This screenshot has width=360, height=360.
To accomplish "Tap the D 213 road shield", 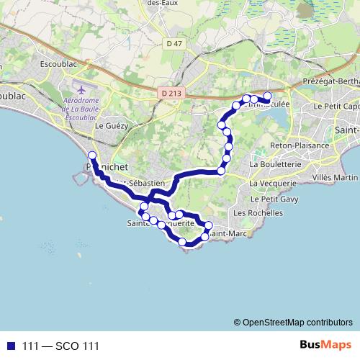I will tap(170, 92).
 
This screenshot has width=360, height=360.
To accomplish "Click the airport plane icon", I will tap(80, 90).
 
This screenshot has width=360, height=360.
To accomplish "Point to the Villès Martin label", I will tap(336, 177).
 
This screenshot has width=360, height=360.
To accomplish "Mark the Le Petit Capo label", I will tap(339, 105).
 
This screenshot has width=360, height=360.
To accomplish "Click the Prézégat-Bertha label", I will tap(332, 81).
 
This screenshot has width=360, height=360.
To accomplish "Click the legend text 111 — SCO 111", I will tap(60, 346).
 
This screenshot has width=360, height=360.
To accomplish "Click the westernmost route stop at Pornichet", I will tap(91, 156).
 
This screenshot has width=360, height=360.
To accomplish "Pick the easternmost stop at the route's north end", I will tap(268, 96).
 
